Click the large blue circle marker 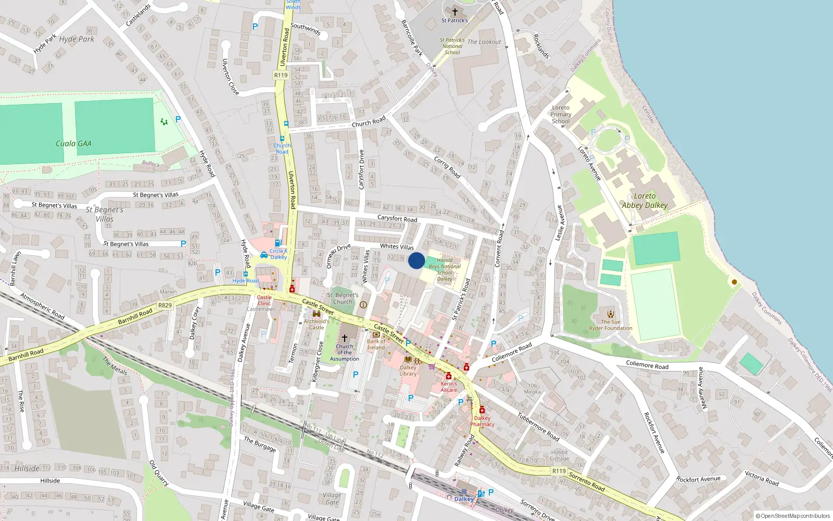coord(416,260)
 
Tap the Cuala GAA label coord(73,144)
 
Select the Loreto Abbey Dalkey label coord(645,201)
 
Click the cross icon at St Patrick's coord(455,11)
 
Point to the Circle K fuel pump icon coord(279,243)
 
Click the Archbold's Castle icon coord(316,314)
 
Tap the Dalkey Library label coord(408,370)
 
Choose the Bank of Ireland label coord(376,344)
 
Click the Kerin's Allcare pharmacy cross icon coord(448,376)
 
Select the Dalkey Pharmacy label coord(482,421)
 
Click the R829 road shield coord(165,305)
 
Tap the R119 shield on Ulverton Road coord(281,75)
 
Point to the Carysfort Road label coord(397,218)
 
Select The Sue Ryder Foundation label coord(611,325)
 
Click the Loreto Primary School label coord(561,115)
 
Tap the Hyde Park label coord(77,39)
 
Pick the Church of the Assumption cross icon coord(344,338)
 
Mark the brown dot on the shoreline coord(735,282)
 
